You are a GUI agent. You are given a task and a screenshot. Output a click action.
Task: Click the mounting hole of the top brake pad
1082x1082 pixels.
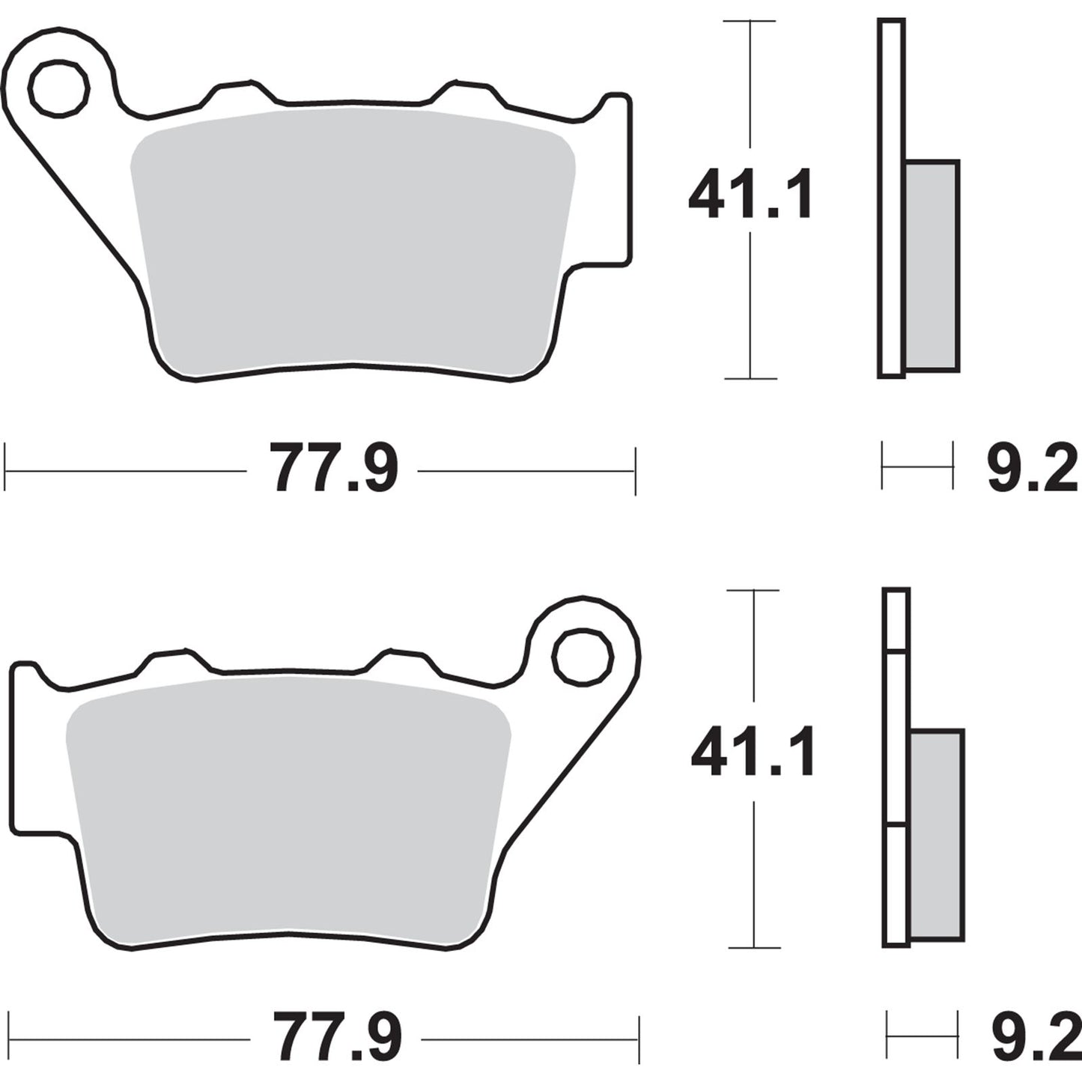59,89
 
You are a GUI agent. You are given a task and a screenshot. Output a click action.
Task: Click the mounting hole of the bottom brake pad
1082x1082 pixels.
583,657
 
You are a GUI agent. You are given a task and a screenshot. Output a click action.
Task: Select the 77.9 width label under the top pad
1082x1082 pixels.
334,470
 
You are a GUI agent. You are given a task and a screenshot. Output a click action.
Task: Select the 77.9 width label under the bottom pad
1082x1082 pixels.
337,1039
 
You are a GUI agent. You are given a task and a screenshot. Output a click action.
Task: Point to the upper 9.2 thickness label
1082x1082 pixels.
1032,469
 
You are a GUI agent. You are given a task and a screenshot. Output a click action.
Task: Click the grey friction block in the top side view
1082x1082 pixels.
931,266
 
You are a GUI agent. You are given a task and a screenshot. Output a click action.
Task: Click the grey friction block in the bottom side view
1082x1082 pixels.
937,835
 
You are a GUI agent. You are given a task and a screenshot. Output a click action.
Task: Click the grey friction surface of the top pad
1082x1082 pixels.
352,240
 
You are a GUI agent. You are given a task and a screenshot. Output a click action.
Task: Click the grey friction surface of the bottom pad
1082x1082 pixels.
288,809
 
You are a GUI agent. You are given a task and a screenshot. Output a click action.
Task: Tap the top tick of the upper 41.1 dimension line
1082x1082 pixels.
750,22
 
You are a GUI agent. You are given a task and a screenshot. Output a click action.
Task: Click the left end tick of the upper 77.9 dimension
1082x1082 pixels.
5,470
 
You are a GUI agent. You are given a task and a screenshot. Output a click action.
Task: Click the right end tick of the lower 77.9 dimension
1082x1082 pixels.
639,1039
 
